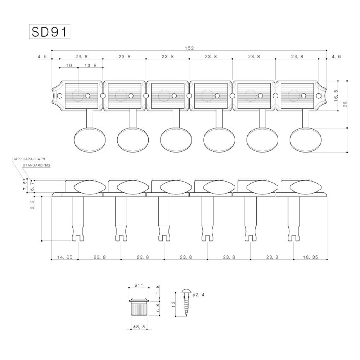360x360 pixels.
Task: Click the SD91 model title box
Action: tap(50, 31)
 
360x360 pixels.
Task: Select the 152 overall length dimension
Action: tap(189, 48)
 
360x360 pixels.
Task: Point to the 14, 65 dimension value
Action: tap(65, 257)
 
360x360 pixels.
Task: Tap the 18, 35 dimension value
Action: tap(310, 257)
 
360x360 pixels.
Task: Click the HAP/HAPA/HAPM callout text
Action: tap(29, 159)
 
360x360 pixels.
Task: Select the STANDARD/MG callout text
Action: tap(36, 165)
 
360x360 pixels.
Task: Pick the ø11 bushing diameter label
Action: tap(139, 285)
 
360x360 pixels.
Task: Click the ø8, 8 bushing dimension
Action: tap(139, 327)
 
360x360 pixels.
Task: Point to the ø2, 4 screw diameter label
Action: tap(198, 294)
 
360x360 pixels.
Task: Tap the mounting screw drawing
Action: tap(186, 303)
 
